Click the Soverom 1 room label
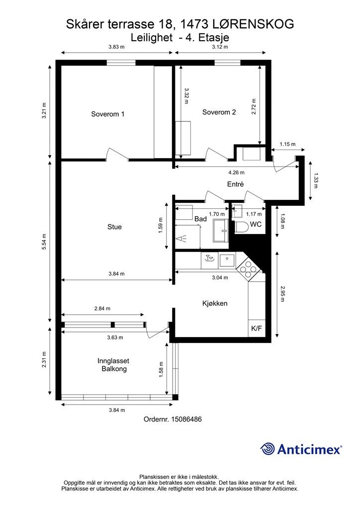(107, 114)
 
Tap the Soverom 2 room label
(219, 112)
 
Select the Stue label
(114, 227)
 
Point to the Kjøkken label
(215, 303)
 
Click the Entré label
(235, 184)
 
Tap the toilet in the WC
(241, 227)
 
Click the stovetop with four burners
(248, 269)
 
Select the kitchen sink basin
(227, 260)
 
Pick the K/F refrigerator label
(257, 328)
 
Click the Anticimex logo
(301, 449)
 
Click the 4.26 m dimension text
(236, 172)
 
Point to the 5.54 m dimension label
(44, 242)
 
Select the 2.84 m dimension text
(102, 308)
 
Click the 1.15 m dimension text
(287, 144)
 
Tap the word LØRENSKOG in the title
(253, 24)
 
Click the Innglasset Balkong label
(113, 364)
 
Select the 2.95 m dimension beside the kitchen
(282, 294)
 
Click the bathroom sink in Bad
(221, 231)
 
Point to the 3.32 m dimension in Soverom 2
(186, 96)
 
